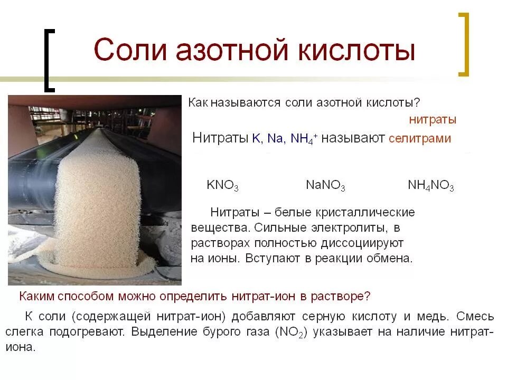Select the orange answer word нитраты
tap(433, 120)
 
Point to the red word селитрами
tap(420, 139)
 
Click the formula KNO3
tap(222, 186)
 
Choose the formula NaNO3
tap(325, 186)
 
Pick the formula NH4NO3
tap(430, 186)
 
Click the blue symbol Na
tap(275, 139)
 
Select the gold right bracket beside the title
tap(463, 45)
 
